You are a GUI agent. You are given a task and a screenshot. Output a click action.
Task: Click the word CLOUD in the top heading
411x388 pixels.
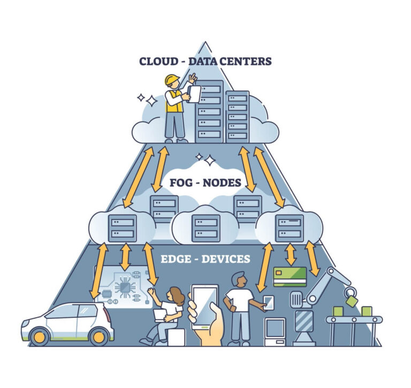[x=158, y=62]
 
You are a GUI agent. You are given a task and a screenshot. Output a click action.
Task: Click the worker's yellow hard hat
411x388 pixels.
[x=172, y=79]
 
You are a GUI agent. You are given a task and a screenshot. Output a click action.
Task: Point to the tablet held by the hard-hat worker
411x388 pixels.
[x=194, y=94]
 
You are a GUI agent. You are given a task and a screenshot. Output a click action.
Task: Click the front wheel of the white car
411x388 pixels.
[x=39, y=337]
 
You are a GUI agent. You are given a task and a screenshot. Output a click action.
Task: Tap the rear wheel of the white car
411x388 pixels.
[x=98, y=337]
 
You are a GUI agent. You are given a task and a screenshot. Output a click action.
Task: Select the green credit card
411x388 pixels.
[x=290, y=277]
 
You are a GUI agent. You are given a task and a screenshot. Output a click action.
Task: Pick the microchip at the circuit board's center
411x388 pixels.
[x=125, y=287]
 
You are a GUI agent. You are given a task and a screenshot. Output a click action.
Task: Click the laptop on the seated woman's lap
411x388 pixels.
[x=161, y=316]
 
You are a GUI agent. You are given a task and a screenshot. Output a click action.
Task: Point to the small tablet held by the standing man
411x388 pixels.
[x=269, y=303]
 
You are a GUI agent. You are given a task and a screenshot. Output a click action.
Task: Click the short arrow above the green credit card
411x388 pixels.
[x=291, y=254]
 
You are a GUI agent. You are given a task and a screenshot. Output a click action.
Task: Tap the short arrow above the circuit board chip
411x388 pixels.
[x=126, y=257]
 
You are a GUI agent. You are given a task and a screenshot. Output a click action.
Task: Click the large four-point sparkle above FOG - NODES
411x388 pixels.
[x=210, y=161]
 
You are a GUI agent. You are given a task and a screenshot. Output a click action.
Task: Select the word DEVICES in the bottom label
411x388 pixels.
[x=226, y=259]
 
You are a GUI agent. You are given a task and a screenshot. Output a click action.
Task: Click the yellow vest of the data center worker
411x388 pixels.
[x=174, y=102]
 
